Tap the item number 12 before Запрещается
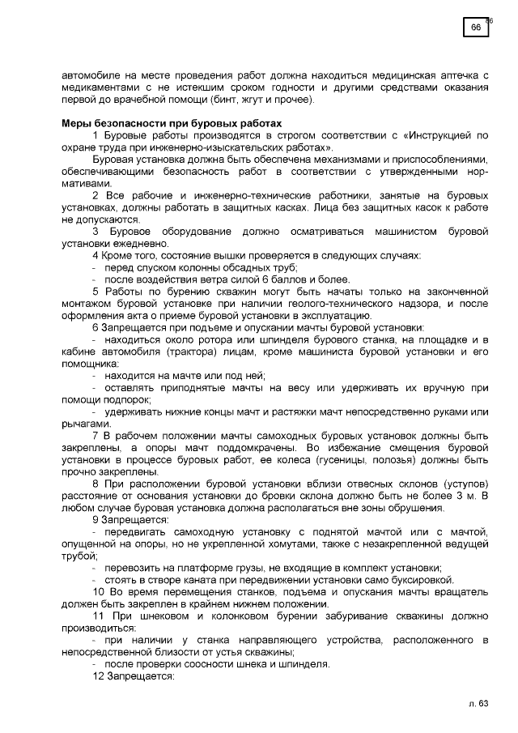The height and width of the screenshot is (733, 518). click(x=100, y=677)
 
